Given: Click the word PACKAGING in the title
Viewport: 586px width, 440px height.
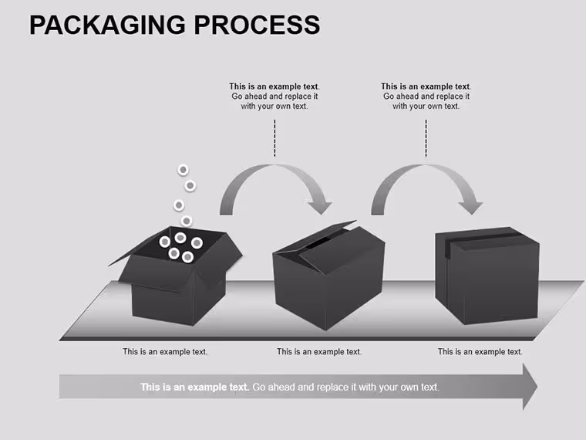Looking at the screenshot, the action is pos(107,25).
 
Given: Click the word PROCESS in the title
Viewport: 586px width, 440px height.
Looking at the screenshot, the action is pos(257,25).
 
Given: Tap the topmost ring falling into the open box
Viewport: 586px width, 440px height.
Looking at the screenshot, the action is pos(184,170).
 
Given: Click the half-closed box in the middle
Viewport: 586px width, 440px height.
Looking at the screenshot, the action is pos(329,276).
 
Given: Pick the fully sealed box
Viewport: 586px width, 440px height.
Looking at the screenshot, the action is pos(487,276).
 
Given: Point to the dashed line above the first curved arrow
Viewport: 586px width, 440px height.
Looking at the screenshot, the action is pos(274,138).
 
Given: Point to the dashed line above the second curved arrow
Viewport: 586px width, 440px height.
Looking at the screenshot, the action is pos(426,138).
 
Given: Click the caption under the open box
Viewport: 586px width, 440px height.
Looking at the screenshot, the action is pos(165,352).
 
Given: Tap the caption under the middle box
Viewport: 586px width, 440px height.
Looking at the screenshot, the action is pos(319,352).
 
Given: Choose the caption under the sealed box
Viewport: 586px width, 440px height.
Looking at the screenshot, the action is pos(480,352).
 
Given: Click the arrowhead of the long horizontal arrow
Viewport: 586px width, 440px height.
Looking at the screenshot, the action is pos(530,387).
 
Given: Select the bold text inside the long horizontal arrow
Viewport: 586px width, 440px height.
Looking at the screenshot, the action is pos(195,387).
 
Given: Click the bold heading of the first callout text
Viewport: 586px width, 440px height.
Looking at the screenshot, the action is pos(274,86).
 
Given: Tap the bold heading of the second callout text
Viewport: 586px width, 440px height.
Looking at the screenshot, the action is pos(426,86).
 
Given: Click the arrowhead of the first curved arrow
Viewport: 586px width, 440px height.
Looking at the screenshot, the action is pos(321,207).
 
